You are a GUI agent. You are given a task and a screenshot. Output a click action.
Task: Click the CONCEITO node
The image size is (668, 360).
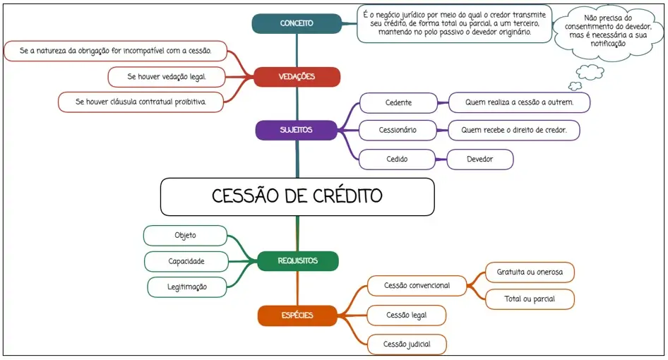tap(297, 23)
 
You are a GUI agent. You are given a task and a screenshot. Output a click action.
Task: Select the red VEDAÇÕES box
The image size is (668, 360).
tap(297, 76)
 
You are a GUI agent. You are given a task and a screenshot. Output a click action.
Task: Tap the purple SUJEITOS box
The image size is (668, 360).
tap(297, 130)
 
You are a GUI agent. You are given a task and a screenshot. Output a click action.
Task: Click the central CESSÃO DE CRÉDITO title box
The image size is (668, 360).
tap(297, 196)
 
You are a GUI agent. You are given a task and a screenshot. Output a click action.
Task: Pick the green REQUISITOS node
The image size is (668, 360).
tap(297, 261)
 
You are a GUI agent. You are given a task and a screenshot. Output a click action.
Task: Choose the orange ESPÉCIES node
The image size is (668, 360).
tap(297, 316)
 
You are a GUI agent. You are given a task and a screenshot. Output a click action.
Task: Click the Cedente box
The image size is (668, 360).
tap(398, 103)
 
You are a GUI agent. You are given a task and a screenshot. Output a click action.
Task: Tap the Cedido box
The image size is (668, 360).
tap(396, 160)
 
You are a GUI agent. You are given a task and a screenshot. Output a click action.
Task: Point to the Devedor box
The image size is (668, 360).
tap(479, 160)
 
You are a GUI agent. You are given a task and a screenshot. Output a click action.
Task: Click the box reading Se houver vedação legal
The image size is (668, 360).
tap(167, 76)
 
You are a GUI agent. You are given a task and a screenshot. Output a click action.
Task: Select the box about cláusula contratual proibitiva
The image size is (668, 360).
tap(141, 102)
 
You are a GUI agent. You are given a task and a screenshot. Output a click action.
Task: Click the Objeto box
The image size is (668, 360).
tap(185, 236)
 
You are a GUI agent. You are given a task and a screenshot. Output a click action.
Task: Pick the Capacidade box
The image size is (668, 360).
tap(186, 261)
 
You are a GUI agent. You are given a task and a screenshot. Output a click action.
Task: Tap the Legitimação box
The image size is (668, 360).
tap(187, 287)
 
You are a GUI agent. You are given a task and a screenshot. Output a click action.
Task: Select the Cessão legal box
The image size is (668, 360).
tap(406, 315)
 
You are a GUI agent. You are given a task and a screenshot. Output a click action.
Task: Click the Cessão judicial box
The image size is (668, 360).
tap(406, 344)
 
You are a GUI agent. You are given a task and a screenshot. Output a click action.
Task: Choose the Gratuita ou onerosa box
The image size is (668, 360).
tap(530, 272)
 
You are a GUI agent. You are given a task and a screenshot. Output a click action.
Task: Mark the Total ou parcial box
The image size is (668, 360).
tap(530, 299)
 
